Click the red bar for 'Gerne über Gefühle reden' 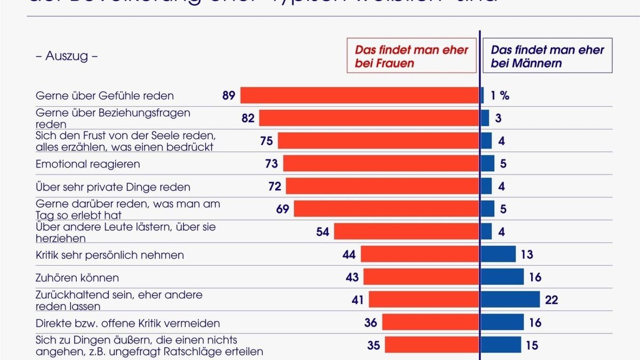pyautogui.click(x=359, y=95)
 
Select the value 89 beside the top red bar pyautogui.click(x=229, y=95)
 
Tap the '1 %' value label pyautogui.click(x=500, y=95)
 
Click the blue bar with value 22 pyautogui.click(x=510, y=300)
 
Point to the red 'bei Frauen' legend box pyautogui.click(x=411, y=55)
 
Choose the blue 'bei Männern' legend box pyautogui.click(x=547, y=55)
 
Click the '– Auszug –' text pyautogui.click(x=66, y=56)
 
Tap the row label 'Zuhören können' pyautogui.click(x=77, y=278)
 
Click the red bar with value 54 pyautogui.click(x=406, y=231)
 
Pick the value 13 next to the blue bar pyautogui.click(x=526, y=254)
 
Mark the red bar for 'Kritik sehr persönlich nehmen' pyautogui.click(x=420, y=254)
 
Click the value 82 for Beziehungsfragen pyautogui.click(x=248, y=118)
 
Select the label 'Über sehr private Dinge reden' pyautogui.click(x=113, y=187)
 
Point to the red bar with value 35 pyautogui.click(x=431, y=345)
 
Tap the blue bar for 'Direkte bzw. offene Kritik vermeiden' pyautogui.click(x=502, y=323)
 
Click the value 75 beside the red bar pyautogui.click(x=267, y=141)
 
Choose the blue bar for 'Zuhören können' pyautogui.click(x=502, y=277)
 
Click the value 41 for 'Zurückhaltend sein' pyautogui.click(x=357, y=300)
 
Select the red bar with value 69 pyautogui.click(x=386, y=209)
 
